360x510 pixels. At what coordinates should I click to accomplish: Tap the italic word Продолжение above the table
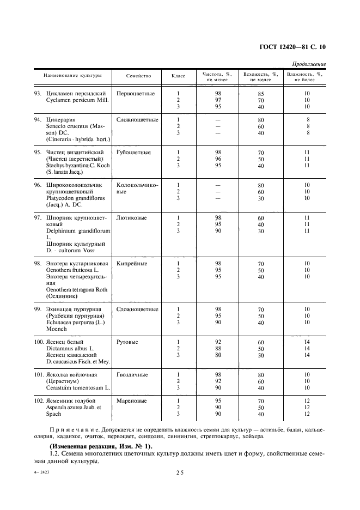(x=309, y=64)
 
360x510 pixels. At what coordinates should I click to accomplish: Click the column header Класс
(x=178, y=76)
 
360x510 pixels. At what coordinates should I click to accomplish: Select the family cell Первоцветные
(x=136, y=93)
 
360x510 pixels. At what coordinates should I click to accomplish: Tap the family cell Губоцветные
(x=134, y=152)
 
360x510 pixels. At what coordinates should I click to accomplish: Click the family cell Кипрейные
(x=132, y=263)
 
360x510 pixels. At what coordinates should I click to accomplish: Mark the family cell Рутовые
(x=127, y=342)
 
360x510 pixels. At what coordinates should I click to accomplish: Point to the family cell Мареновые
(x=131, y=400)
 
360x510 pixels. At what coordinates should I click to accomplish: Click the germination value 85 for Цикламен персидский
(x=261, y=94)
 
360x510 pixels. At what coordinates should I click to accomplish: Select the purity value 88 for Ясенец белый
(x=217, y=348)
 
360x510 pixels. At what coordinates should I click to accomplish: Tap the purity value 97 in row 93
(x=217, y=100)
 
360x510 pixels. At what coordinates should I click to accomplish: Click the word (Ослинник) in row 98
(x=62, y=296)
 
